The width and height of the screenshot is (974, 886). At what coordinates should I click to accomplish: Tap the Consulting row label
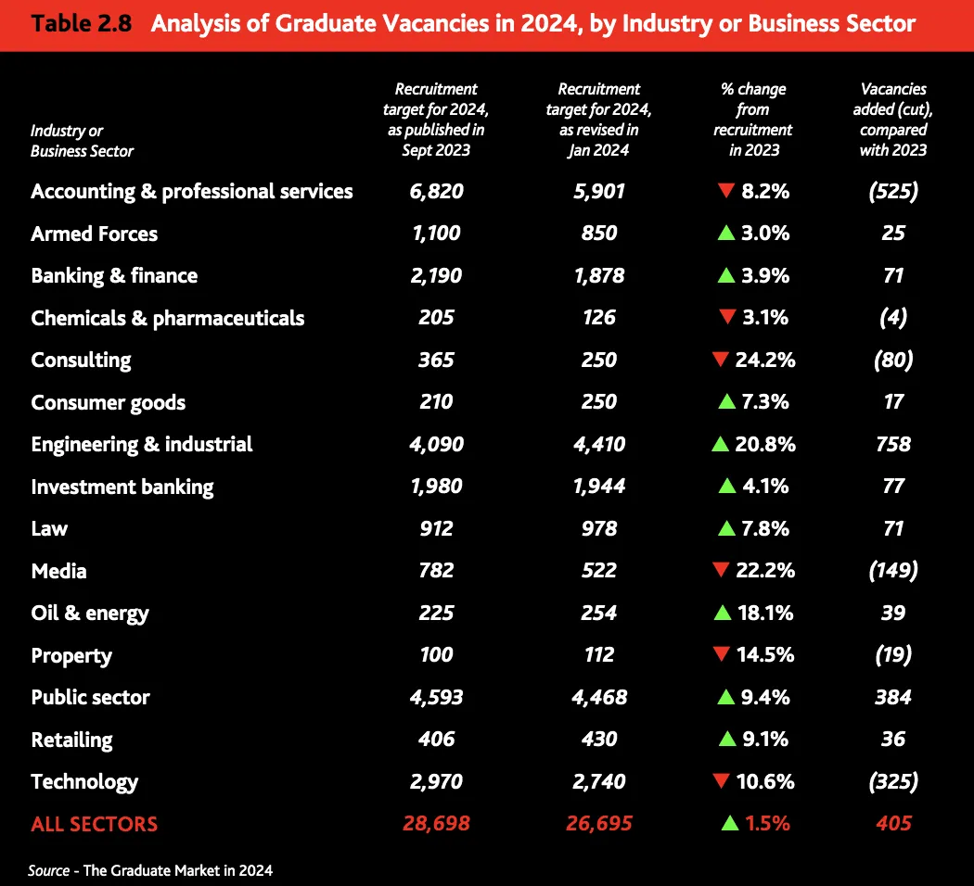[81, 360]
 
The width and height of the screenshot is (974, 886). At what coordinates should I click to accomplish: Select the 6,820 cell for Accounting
[436, 192]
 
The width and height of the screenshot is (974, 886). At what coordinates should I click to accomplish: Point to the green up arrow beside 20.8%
[721, 444]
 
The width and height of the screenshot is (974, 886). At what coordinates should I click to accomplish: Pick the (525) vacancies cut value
[893, 192]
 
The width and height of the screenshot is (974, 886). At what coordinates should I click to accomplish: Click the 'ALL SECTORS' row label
[94, 823]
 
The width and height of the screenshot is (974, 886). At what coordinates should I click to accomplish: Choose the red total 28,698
[436, 823]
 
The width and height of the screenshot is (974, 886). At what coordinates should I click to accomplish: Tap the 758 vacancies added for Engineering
[893, 444]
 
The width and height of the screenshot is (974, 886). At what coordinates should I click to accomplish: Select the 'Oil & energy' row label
[89, 613]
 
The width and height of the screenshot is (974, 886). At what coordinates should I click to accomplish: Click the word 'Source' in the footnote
[48, 870]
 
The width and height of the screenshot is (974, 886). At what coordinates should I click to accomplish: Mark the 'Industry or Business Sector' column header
[82, 141]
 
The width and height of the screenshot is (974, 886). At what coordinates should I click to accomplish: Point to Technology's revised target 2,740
[599, 781]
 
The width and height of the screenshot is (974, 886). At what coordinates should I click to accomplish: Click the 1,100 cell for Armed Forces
[436, 234]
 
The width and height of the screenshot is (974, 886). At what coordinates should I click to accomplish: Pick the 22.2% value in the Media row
[765, 571]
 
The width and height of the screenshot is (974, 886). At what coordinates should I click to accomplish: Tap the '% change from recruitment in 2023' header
[753, 120]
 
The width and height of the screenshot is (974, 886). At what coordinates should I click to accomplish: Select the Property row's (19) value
[893, 655]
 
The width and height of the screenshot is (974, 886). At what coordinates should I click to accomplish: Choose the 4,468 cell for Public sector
[599, 697]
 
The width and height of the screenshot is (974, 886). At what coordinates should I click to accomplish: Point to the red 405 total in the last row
[893, 823]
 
